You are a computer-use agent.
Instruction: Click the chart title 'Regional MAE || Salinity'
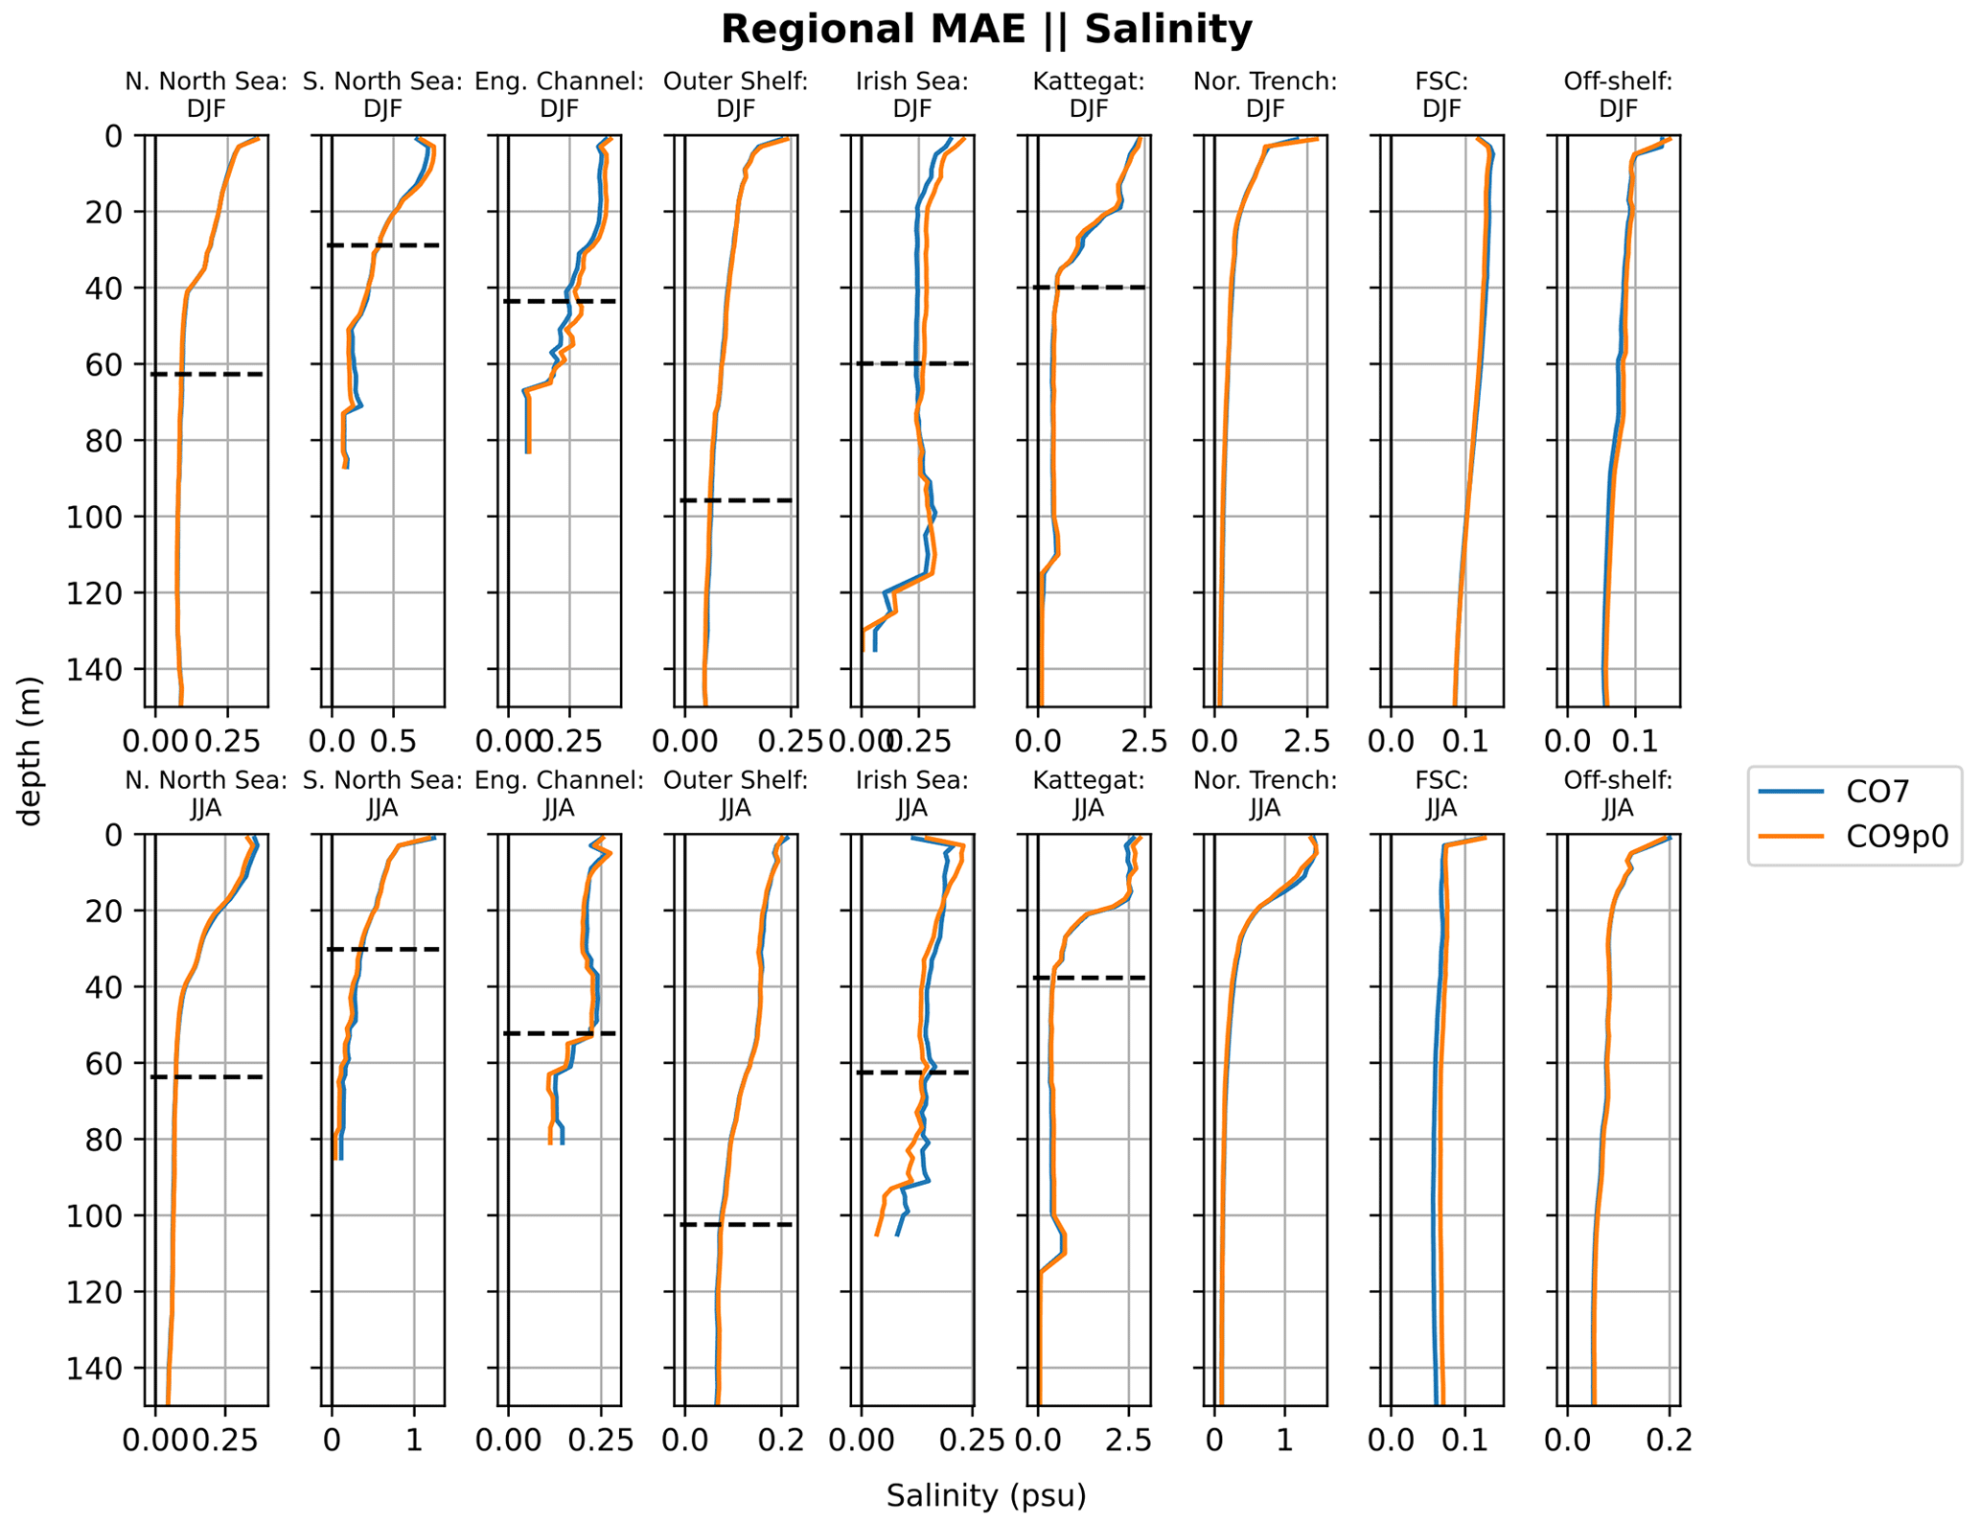pyautogui.click(x=985, y=30)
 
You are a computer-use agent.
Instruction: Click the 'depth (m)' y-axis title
pyautogui.click(x=31, y=750)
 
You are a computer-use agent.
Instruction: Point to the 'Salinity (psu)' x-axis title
pyautogui.click(x=985, y=1495)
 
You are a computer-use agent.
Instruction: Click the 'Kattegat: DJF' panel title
pyautogui.click(x=1088, y=95)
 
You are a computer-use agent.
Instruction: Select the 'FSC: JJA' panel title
pyautogui.click(x=1440, y=795)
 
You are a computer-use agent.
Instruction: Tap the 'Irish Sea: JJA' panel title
pyautogui.click(x=911, y=795)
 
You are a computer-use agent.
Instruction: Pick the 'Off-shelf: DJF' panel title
pyautogui.click(x=1617, y=95)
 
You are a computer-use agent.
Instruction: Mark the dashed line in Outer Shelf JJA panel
pyautogui.click(x=735, y=1225)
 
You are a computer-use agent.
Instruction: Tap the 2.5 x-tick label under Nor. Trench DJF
pyautogui.click(x=1309, y=741)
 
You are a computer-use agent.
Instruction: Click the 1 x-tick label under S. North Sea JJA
pyautogui.click(x=413, y=1441)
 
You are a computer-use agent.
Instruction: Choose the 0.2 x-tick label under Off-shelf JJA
pyautogui.click(x=1669, y=1441)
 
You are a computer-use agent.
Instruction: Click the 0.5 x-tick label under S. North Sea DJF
pyautogui.click(x=392, y=741)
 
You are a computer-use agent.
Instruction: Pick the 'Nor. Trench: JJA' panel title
pyautogui.click(x=1264, y=795)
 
